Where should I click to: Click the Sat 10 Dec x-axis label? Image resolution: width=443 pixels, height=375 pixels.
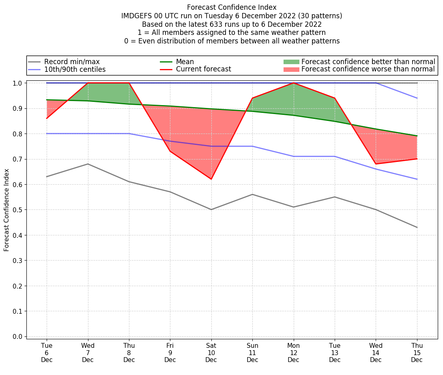pos(211,352)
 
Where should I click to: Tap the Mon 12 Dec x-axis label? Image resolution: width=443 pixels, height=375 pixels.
pos(293,352)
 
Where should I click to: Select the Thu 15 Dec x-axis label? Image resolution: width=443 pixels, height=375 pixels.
pos(417,352)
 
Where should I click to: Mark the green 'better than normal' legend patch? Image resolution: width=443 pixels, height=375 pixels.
pos(291,62)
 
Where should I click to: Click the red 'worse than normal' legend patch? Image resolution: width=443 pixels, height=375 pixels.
pos(291,69)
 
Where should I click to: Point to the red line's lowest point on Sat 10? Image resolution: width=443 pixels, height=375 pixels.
pos(211,179)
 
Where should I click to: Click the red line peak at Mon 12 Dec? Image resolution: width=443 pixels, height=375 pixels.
pos(293,83)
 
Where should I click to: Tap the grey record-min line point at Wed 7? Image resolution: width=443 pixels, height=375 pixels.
pos(88,164)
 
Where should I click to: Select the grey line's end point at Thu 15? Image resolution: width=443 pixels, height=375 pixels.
pos(417,227)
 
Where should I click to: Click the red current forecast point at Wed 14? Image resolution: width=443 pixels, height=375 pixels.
pos(376,164)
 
